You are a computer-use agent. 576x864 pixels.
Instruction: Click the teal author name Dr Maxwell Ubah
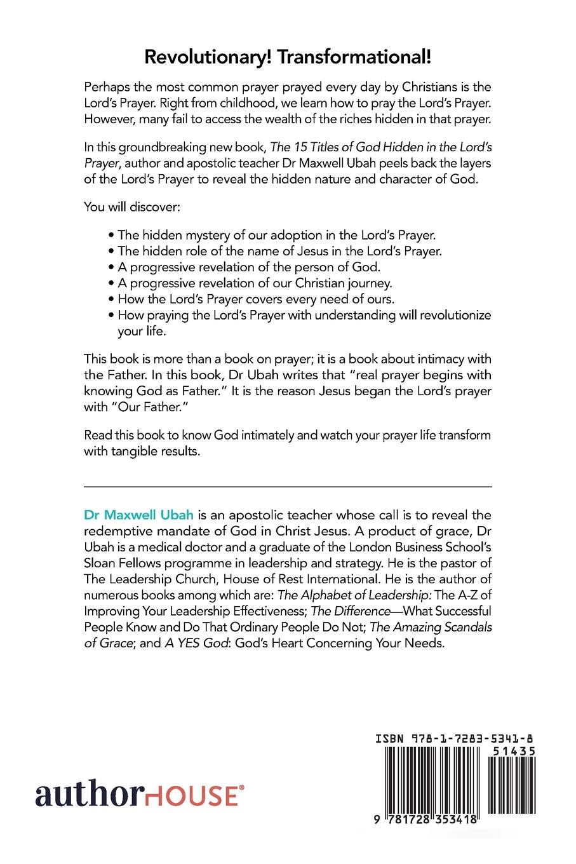click(138, 513)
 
